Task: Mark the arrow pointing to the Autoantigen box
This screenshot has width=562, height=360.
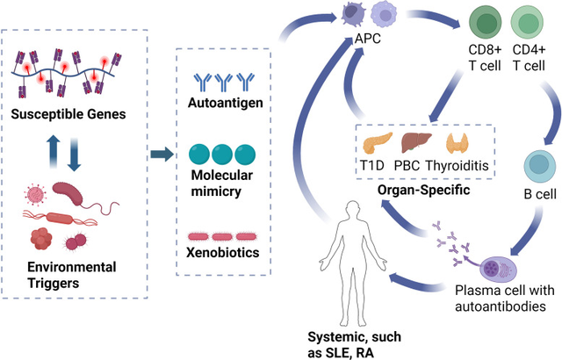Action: (x=159, y=155)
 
